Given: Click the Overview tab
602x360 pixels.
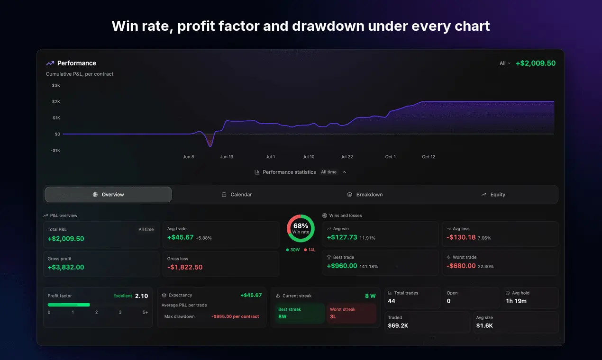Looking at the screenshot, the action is [108, 195].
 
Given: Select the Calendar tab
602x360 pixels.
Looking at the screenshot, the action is [237, 195].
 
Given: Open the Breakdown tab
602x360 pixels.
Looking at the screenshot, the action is [365, 195].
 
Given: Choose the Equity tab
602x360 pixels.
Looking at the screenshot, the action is [493, 195].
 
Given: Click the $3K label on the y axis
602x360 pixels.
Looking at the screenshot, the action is [56, 85].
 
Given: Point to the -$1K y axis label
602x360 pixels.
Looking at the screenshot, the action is [55, 150].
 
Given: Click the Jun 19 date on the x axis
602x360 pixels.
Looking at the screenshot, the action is [227, 157].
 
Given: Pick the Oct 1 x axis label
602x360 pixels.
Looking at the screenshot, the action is [390, 157].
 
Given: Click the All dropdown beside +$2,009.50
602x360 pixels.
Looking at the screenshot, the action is [505, 63].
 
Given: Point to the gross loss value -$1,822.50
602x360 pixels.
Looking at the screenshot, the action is [185, 267].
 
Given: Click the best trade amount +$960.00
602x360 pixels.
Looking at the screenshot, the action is [342, 266].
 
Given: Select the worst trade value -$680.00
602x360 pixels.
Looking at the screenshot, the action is [461, 266].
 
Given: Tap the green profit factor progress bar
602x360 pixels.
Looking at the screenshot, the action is [69, 305].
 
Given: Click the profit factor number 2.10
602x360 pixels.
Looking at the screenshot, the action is [141, 296].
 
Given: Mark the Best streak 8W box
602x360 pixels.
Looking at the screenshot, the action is [300, 313].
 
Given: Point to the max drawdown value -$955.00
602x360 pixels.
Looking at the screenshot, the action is [235, 316].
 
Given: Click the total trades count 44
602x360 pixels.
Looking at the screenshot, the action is [392, 301].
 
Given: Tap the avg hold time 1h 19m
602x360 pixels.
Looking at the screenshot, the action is [516, 301].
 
